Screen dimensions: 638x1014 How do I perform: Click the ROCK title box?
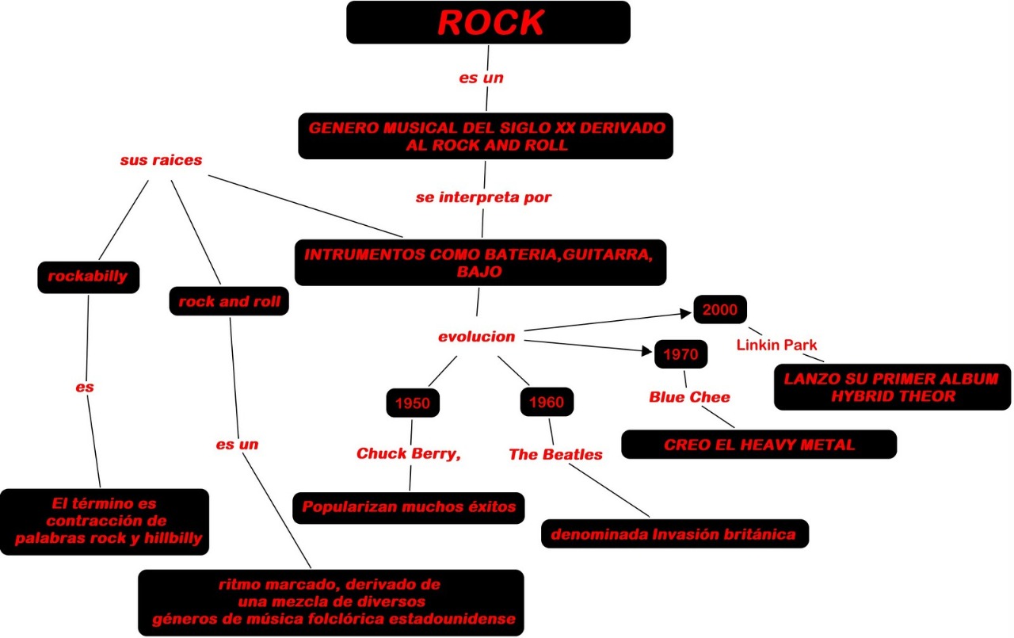coord(488,23)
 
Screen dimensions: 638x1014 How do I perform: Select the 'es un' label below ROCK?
coord(482,78)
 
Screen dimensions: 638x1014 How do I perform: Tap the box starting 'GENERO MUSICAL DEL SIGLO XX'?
coord(486,136)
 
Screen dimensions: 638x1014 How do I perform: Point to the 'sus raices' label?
coord(161,160)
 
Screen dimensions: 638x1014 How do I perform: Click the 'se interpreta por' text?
coord(482,197)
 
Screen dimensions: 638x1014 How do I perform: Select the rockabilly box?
coord(88,277)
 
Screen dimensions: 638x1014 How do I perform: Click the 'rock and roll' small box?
coord(228,301)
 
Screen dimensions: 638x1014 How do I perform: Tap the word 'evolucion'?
coord(476,337)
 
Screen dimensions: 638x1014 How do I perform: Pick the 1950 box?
coord(412,403)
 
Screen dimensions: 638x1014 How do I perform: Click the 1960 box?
coord(547,403)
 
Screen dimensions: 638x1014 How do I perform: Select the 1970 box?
coord(681,354)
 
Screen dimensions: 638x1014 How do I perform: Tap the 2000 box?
coord(720,309)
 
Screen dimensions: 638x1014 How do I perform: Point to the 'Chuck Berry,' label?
coord(409,453)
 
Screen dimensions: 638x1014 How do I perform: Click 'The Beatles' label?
coord(555,454)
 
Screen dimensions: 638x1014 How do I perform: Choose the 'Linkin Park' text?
coord(776,345)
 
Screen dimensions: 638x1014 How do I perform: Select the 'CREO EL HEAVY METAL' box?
coord(759,445)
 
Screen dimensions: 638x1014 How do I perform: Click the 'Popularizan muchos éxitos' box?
coord(409,506)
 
